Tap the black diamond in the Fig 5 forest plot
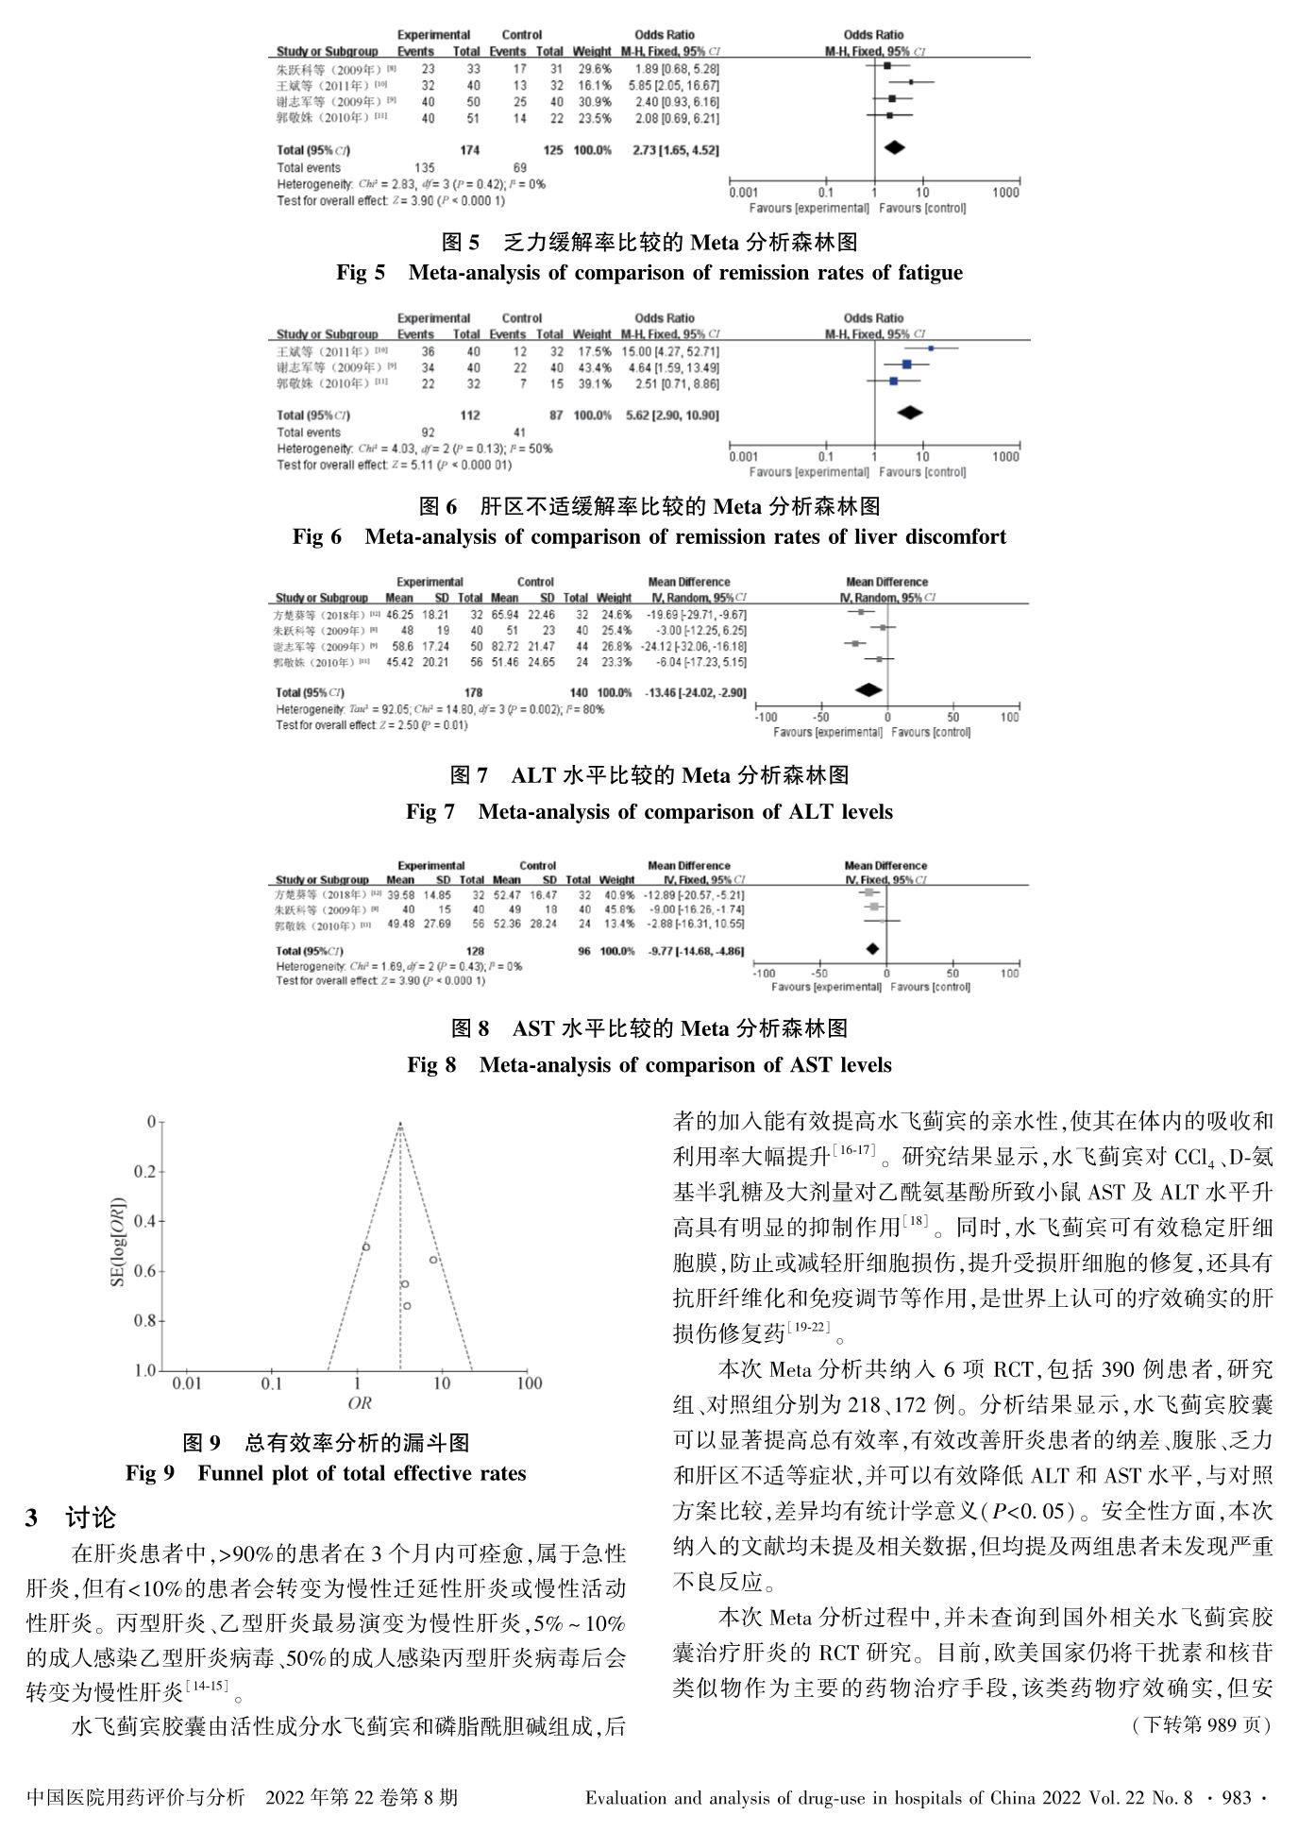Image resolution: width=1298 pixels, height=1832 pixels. (893, 147)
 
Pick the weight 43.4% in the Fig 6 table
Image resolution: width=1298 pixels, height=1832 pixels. (592, 366)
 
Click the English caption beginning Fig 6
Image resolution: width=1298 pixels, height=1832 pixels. (649, 536)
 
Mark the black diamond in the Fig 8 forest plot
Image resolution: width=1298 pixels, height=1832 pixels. (873, 949)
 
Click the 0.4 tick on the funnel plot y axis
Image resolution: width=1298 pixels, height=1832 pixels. (144, 1221)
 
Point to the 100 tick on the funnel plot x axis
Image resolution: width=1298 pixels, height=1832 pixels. (529, 1383)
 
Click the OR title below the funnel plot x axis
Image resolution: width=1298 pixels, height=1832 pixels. (360, 1403)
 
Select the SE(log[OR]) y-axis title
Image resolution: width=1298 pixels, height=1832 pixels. (120, 1245)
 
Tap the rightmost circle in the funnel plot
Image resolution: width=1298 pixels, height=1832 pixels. (433, 1260)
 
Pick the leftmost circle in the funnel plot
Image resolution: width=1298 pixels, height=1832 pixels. (365, 1247)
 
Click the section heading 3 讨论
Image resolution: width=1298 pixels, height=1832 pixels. (72, 1518)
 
